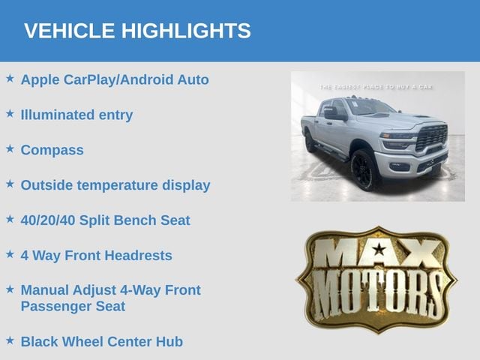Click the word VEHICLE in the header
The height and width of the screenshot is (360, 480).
[70, 31]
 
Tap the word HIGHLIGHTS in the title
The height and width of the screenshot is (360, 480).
[186, 31]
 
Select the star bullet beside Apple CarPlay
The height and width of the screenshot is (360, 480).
[10, 78]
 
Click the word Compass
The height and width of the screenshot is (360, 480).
[52, 150]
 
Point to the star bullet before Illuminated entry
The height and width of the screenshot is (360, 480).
[10, 113]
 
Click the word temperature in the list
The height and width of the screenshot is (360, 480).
[117, 185]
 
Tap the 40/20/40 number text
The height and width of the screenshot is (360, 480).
[48, 220]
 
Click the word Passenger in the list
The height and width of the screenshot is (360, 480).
[56, 307]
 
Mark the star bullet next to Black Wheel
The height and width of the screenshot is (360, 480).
[10, 340]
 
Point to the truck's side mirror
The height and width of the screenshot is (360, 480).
[334, 112]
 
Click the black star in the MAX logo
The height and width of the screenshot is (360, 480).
[379, 249]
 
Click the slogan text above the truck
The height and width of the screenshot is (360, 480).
[376, 87]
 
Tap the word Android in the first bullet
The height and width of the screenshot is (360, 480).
[147, 80]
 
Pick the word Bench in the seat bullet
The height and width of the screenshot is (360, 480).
[135, 220]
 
